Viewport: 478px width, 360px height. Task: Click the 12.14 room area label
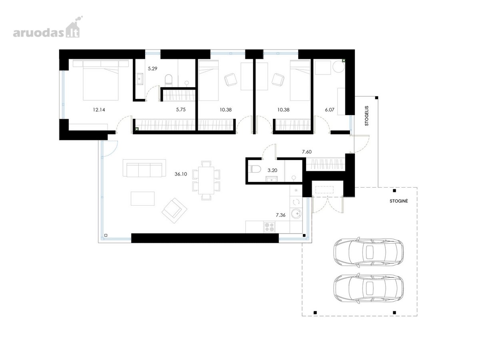point(99,110)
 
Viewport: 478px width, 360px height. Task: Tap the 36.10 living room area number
point(181,174)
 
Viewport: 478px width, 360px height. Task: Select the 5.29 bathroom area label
point(152,69)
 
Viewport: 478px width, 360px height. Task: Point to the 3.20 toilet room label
point(272,170)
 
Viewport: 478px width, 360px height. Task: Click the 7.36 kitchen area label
point(281,215)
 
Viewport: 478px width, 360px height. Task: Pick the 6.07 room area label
point(330,110)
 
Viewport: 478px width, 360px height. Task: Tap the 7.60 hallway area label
point(307,152)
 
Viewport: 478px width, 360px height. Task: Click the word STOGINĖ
point(399,201)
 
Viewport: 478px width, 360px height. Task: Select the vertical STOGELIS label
point(367,116)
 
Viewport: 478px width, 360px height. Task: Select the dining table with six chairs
point(206,180)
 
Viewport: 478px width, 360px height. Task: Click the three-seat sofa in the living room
point(144,168)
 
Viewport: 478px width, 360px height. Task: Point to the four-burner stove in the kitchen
point(270,227)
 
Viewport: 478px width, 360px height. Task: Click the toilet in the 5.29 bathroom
point(169,80)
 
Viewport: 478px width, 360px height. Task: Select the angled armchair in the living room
point(174,210)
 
